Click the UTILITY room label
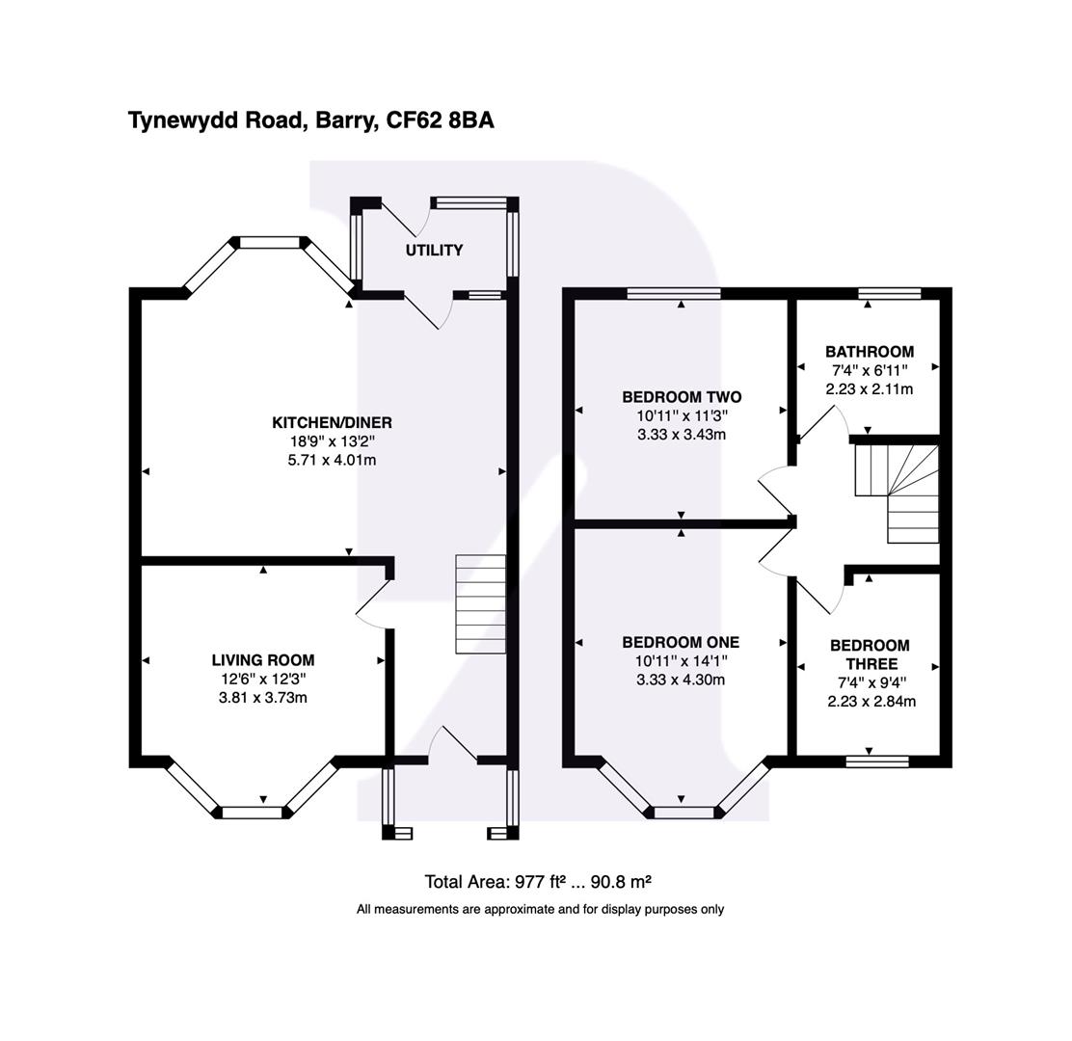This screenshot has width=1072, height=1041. [x=434, y=251]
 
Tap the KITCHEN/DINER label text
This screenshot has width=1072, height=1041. [x=332, y=423]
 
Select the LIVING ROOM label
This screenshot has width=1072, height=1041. [x=263, y=660]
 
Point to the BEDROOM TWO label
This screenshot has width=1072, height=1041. [x=681, y=397]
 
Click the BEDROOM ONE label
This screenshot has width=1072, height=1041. [x=681, y=642]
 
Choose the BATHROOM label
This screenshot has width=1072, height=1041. [x=869, y=352]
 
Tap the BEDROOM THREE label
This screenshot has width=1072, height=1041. [x=870, y=654]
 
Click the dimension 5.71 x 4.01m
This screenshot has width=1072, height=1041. [x=332, y=461]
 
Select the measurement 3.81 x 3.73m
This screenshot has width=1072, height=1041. [x=263, y=698]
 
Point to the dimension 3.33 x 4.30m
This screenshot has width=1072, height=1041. [x=681, y=680]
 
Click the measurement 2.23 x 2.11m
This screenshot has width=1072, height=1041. [x=869, y=389]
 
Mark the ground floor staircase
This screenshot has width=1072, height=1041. [x=480, y=604]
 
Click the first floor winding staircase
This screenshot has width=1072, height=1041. [x=898, y=492]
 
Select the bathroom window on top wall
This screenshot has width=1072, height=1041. [x=889, y=294]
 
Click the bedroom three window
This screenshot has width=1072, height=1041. [x=876, y=761]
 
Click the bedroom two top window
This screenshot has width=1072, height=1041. [x=673, y=294]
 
